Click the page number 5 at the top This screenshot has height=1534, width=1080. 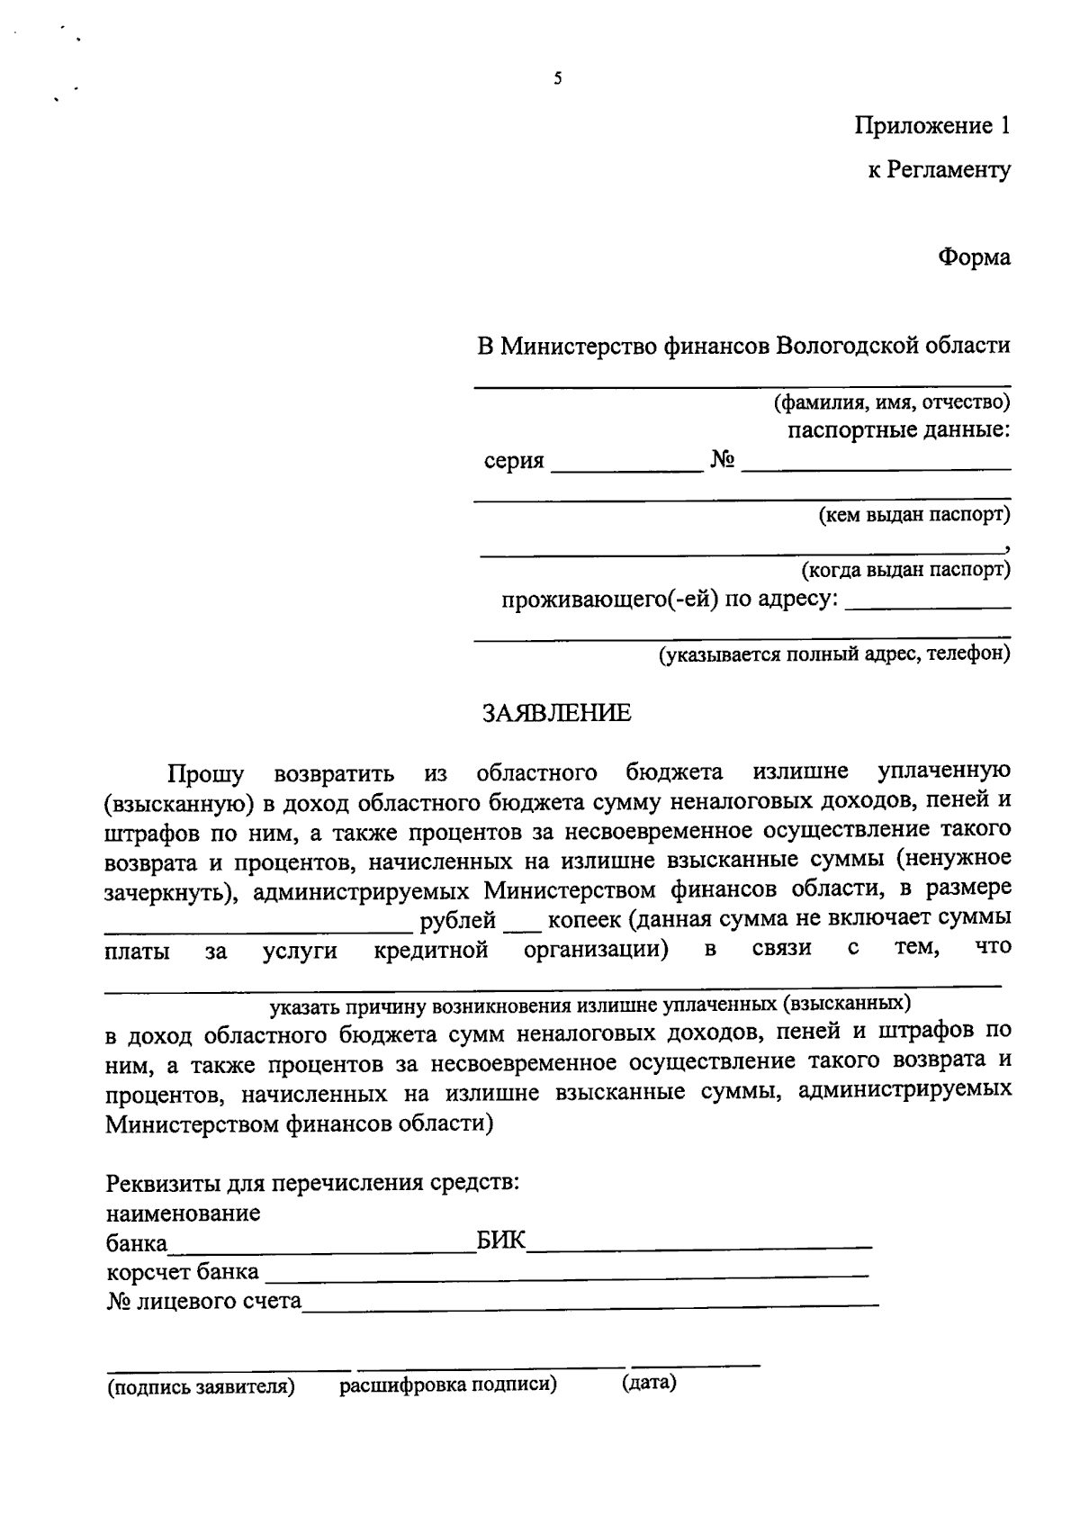[558, 78]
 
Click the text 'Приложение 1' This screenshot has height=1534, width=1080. [931, 125]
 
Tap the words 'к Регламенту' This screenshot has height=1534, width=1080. [939, 169]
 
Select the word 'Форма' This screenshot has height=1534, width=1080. [974, 257]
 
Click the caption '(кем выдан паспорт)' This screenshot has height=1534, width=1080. [913, 515]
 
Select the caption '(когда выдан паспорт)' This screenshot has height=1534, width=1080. [905, 570]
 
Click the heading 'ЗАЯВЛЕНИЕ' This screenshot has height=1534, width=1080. [557, 714]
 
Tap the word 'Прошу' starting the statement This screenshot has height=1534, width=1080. [205, 773]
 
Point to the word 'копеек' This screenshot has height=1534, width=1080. [584, 921]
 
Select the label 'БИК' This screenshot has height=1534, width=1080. [500, 1242]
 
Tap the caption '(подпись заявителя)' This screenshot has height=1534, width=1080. [202, 1387]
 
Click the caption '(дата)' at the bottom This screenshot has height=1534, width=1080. [648, 1382]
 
